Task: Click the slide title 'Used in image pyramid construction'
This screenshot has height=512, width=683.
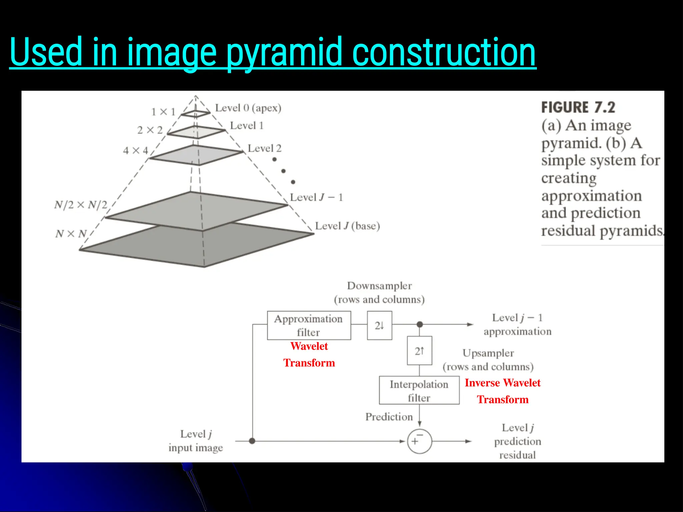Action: coord(273,52)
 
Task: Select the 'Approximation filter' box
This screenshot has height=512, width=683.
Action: coord(309,325)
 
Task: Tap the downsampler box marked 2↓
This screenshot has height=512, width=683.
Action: coord(380,325)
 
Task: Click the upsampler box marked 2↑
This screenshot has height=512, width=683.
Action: coord(419,351)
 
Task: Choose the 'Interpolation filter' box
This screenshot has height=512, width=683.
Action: coord(419,391)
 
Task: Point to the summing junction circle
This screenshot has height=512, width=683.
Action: coord(419,441)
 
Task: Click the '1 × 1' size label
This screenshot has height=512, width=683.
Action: coord(163,112)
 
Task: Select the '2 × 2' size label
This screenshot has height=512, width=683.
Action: coord(150,130)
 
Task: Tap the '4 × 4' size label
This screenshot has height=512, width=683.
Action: coord(135,151)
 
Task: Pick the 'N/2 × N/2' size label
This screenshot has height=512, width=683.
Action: coord(81,205)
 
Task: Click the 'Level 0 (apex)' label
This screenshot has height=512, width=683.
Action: coord(248,108)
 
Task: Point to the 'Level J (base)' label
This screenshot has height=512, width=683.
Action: coord(347,226)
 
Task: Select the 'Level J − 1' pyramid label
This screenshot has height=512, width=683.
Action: coord(316,197)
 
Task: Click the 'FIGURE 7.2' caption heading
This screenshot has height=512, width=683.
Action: coord(578,107)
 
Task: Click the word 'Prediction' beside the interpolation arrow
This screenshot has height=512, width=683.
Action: coord(389,417)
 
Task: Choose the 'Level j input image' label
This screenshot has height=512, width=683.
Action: coord(196,441)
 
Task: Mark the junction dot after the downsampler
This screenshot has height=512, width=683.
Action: coord(420,324)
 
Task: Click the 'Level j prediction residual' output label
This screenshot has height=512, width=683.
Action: coord(518,441)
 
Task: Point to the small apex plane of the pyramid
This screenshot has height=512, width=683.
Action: coord(195,114)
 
